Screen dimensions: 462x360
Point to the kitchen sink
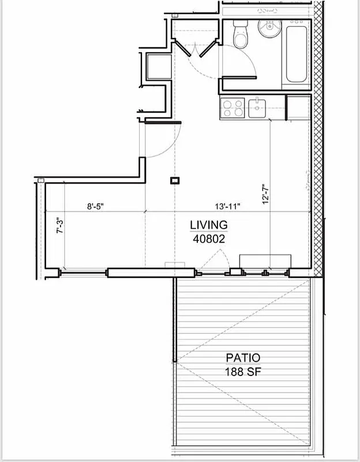[x=256, y=106]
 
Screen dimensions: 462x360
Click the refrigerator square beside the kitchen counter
[x=298, y=107]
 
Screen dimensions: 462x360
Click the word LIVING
[x=208, y=224]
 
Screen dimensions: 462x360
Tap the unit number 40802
[x=208, y=237]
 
